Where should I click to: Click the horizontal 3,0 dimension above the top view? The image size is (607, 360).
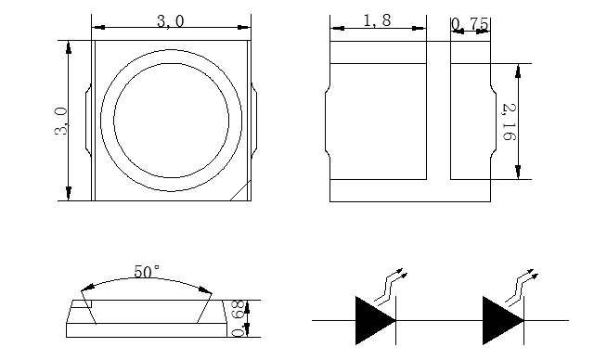point(171,21)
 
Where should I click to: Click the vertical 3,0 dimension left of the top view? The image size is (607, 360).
point(61,122)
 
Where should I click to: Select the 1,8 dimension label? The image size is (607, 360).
point(378,20)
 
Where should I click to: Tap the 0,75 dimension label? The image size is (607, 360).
point(471,24)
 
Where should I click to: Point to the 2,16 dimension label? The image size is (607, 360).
point(510,122)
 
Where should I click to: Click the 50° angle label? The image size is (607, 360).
point(147,271)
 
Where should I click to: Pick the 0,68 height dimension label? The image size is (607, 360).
point(239,318)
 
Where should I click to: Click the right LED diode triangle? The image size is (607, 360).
point(503,320)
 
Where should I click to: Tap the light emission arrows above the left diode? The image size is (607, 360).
point(390,286)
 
